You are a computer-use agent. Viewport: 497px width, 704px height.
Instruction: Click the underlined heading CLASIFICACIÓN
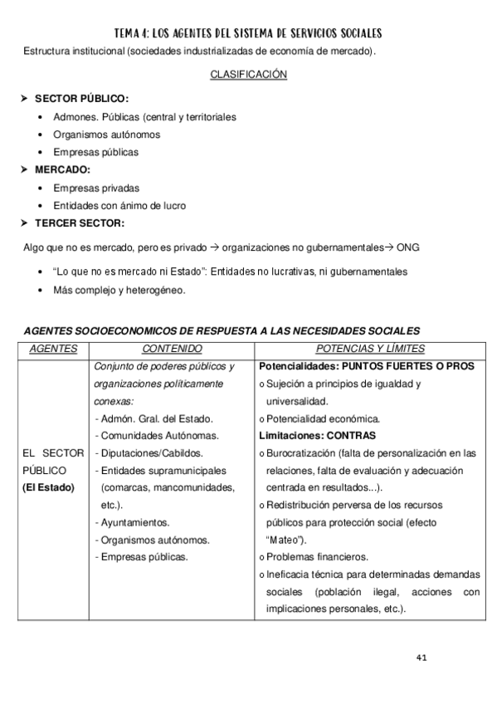pos(248,75)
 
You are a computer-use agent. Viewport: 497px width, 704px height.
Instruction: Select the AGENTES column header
pos(53,349)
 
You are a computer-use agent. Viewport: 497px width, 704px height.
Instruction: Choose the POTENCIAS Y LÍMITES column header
pos(370,349)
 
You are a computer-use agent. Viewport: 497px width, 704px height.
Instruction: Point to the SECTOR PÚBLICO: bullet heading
pos(81,99)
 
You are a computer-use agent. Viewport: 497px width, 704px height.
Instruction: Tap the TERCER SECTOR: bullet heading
pos(80,222)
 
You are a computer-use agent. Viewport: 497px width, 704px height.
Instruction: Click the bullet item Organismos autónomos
pos(106,134)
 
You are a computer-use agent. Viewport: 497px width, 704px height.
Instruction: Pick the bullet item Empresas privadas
pos(96,188)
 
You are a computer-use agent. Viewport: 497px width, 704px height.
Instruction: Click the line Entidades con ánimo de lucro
pos(119,205)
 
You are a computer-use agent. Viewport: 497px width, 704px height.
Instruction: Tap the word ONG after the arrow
pos(408,247)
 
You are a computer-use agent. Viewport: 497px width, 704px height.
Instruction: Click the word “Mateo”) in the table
pos(287,540)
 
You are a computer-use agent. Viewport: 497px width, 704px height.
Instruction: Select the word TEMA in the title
pos(130,33)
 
